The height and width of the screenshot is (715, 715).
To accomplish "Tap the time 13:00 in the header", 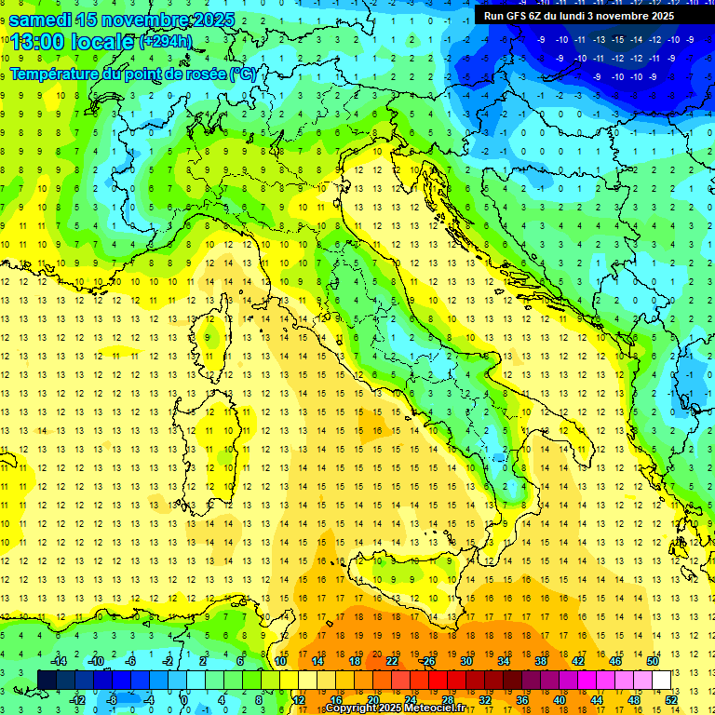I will [39, 42].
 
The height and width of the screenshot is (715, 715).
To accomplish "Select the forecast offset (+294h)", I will [166, 42].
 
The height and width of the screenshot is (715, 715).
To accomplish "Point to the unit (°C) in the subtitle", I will [243, 73].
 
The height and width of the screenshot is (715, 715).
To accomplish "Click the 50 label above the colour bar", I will [653, 661].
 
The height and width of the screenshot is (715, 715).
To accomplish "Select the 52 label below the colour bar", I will [671, 699].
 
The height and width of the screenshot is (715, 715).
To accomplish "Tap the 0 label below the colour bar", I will [185, 699].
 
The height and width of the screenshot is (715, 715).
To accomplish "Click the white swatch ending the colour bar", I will [662, 680].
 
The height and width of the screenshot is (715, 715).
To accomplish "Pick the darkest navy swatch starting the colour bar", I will [47, 680].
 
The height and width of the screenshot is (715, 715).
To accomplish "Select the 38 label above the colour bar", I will [540, 661].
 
